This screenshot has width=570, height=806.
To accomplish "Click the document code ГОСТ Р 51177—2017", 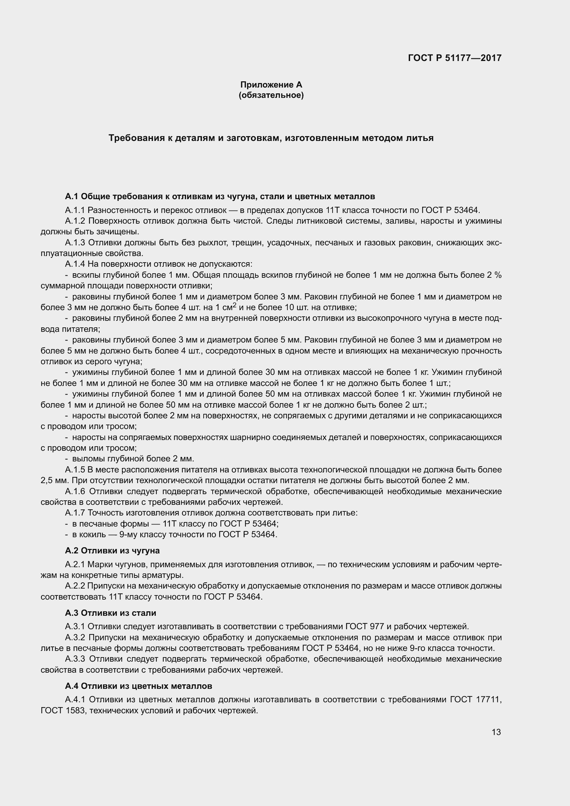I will [455, 58].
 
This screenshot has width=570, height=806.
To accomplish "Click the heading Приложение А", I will [271, 85].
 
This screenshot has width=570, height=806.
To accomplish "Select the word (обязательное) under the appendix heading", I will [271, 95].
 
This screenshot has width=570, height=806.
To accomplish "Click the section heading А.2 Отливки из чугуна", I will [112, 550].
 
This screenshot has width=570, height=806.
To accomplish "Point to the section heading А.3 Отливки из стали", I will [110, 613].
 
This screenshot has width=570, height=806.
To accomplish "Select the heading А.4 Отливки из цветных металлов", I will [138, 686].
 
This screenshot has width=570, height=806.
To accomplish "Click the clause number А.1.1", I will [75, 210].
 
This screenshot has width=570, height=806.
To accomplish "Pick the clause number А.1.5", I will [75, 470].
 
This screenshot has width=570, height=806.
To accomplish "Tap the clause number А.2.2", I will [75, 586].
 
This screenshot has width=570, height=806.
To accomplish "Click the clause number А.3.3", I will [75, 659].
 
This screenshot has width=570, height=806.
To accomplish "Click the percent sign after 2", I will [498, 275].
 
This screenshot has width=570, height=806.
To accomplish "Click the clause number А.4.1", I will [75, 700].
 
